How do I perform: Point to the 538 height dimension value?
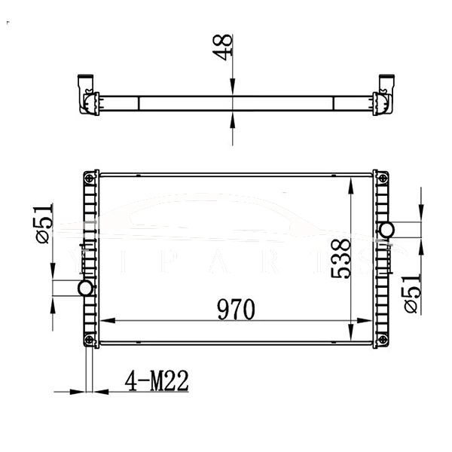point(341,259)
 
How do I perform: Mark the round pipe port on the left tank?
point(84,288)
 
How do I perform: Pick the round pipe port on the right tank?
point(387,229)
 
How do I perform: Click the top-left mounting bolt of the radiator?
point(90,178)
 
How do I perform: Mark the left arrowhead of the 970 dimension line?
point(105,322)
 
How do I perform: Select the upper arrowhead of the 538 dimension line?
point(351,182)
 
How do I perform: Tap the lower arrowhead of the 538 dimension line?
point(351,334)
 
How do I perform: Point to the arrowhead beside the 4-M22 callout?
point(78,392)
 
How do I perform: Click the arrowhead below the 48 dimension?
point(232,121)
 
